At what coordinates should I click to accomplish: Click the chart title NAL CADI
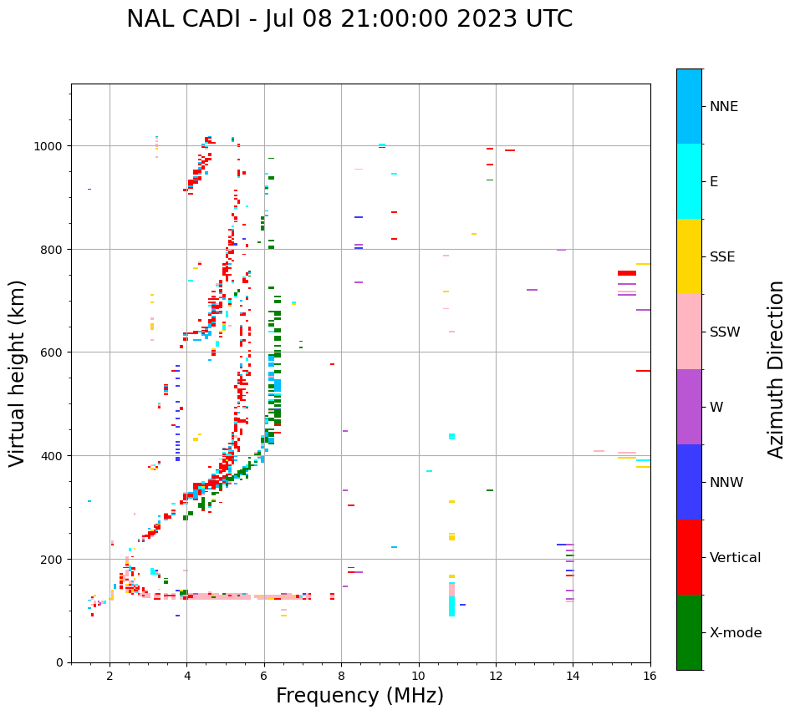pyautogui.click(x=349, y=19)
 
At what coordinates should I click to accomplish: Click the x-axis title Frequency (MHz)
pyautogui.click(x=359, y=696)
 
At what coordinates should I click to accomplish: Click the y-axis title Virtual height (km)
pyautogui.click(x=18, y=373)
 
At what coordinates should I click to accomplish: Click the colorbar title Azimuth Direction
pyautogui.click(x=777, y=369)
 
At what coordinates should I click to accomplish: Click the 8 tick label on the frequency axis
pyautogui.click(x=341, y=677)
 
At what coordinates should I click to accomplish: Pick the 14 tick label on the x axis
pyautogui.click(x=573, y=677)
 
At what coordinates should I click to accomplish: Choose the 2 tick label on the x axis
pyautogui.click(x=110, y=677)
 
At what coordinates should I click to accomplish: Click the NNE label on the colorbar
pyautogui.click(x=724, y=107)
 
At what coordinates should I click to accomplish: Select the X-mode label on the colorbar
pyautogui.click(x=736, y=633)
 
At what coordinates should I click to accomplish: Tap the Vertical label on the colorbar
pyautogui.click(x=736, y=558)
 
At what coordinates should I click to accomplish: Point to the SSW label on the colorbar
pyautogui.click(x=725, y=332)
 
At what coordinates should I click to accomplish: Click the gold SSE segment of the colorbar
pyautogui.click(x=689, y=256)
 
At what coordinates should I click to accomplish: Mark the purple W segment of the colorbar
pyautogui.click(x=689, y=407)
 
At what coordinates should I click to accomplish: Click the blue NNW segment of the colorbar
pyautogui.click(x=689, y=482)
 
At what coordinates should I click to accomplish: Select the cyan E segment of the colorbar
pyautogui.click(x=689, y=181)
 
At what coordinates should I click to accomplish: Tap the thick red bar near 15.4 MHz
pyautogui.click(x=627, y=273)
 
